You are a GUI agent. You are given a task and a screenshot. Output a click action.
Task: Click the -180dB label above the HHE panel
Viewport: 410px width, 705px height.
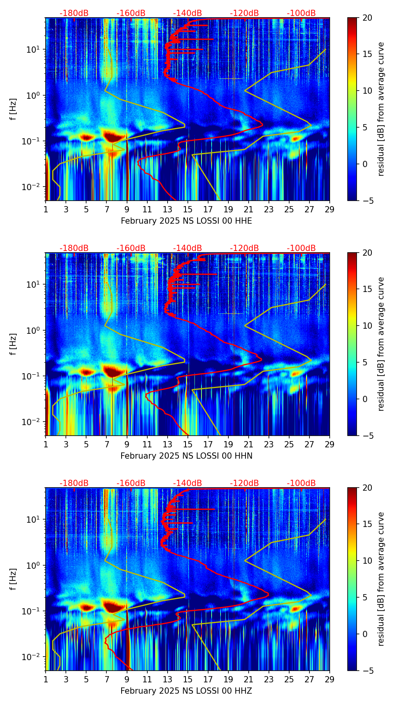point(74,13)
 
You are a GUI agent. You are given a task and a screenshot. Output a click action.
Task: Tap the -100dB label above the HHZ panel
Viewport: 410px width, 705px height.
point(301,483)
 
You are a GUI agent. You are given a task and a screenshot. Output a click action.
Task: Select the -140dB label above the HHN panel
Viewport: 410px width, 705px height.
point(187,248)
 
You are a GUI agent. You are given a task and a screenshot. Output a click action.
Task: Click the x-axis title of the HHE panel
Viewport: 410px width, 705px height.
point(186,221)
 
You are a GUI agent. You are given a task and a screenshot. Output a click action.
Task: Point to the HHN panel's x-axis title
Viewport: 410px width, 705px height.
point(186,456)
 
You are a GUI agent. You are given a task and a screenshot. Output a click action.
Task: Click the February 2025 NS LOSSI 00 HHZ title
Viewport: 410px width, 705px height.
point(186,691)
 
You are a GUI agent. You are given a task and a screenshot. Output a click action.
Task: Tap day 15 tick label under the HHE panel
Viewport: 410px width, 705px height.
point(188,209)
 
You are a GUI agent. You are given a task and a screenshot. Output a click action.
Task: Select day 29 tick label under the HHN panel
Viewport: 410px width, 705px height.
point(330,444)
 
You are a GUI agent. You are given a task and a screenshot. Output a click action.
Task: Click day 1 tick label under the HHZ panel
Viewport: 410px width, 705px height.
point(46,679)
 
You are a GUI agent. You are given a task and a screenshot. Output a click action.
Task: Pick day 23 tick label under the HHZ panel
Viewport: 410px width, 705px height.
point(269,679)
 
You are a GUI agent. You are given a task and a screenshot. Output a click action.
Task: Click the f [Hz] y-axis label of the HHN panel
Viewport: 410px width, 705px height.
point(14,344)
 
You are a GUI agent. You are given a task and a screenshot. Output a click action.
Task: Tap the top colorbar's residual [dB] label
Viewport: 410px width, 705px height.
point(381,109)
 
